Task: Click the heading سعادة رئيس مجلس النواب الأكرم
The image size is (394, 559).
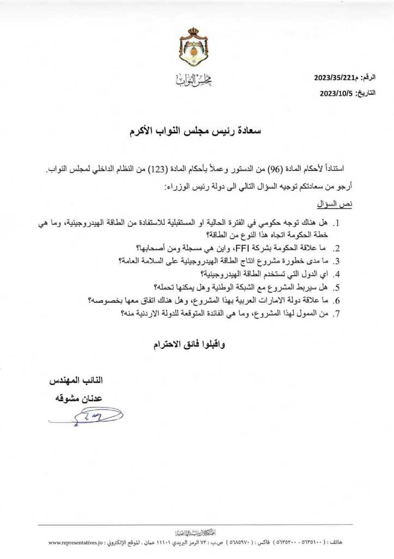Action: point(197,132)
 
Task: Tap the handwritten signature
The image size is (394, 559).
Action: point(87,418)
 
